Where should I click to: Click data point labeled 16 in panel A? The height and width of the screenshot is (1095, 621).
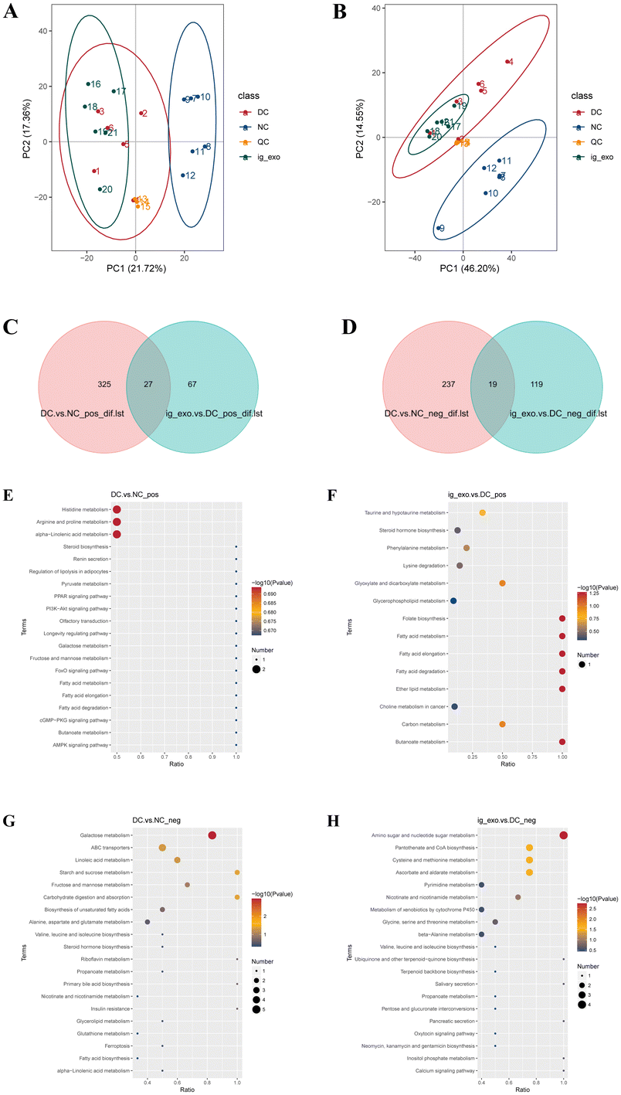88,83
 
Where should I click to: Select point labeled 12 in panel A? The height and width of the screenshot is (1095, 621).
183,175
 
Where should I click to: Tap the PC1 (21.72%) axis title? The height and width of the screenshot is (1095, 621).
135,269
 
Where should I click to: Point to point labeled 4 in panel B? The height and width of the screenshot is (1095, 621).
507,62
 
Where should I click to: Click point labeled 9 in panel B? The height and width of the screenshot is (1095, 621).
438,228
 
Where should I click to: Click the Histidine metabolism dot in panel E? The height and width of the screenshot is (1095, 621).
117,510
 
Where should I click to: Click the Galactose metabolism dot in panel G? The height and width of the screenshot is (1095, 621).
212,835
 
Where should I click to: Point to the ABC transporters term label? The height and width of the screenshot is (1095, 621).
114,848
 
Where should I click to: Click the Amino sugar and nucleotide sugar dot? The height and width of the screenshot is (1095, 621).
564,835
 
